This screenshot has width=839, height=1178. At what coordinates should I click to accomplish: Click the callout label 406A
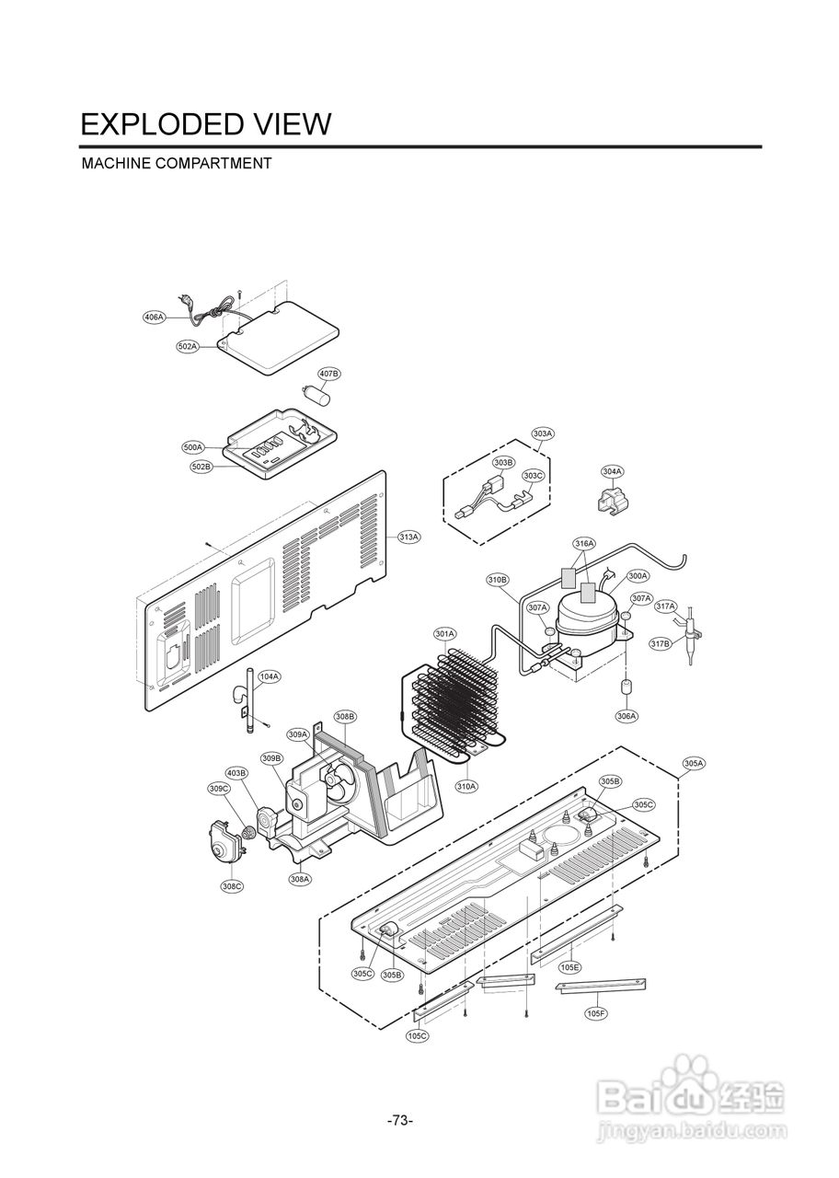point(154,317)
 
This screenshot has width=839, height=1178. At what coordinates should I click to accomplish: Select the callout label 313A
point(408,537)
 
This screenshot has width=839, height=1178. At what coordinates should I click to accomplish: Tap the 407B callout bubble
point(328,374)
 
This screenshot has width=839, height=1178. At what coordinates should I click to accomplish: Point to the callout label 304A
point(613,471)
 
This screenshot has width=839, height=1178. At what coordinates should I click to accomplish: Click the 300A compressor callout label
point(638,575)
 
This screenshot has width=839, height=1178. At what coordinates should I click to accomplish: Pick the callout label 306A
point(626,715)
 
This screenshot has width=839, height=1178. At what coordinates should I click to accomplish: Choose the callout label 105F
point(596,1013)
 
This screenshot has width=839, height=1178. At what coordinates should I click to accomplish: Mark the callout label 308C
point(232,886)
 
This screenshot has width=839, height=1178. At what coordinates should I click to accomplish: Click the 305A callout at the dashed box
point(694,763)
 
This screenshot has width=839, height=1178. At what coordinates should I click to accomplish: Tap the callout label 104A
point(269,676)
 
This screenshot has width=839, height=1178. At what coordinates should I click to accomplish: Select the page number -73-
point(400,1120)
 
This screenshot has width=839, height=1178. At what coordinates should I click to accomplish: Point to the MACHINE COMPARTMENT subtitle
point(177,164)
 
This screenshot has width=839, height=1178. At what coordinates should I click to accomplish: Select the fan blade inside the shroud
point(339,783)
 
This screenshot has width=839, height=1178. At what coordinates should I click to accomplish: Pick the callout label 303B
point(503,462)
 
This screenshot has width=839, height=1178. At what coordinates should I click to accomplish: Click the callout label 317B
point(661,644)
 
